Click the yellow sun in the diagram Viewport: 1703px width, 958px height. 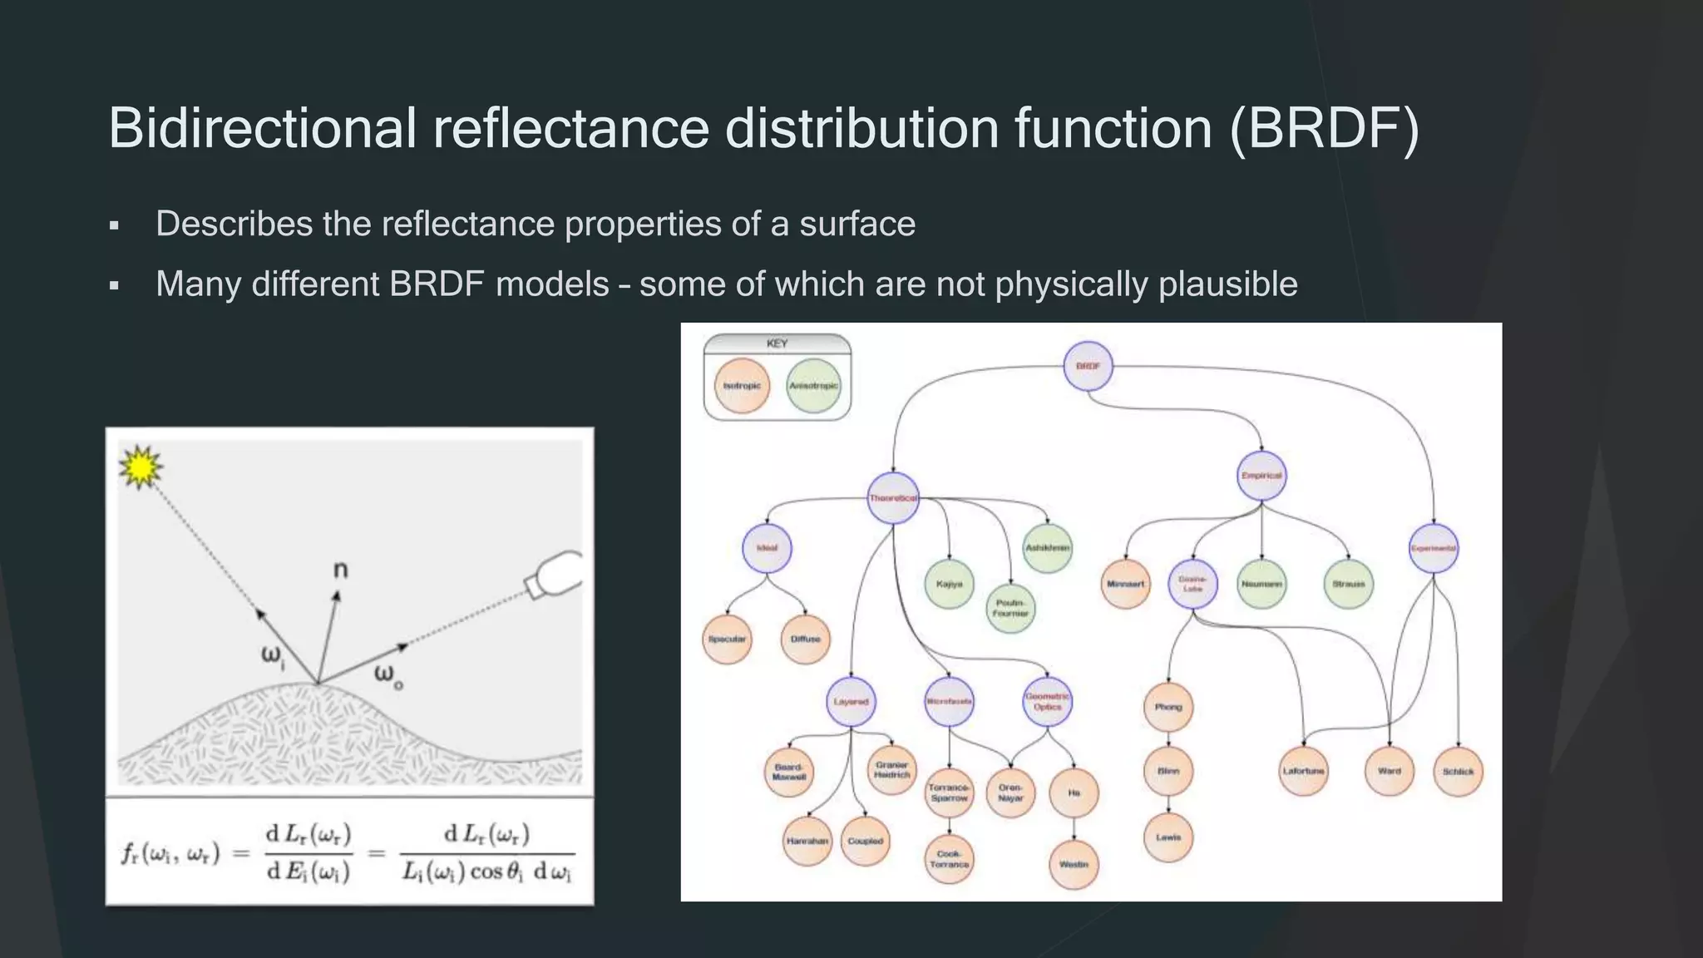click(x=141, y=467)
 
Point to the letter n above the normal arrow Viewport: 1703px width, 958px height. click(x=340, y=570)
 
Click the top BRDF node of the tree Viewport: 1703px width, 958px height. click(x=1088, y=366)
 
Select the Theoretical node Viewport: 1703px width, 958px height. click(x=893, y=498)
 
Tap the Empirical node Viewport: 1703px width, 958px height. click(x=1261, y=476)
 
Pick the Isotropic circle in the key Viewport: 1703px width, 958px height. click(x=742, y=386)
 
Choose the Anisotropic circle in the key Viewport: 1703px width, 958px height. click(x=813, y=386)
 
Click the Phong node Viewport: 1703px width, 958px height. click(x=1168, y=707)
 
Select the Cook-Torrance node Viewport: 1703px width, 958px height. click(x=949, y=859)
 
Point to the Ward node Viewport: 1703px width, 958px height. click(x=1390, y=771)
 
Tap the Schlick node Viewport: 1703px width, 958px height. click(x=1459, y=772)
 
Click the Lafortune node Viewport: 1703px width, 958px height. click(x=1303, y=771)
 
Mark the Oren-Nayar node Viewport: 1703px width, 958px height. click(x=1010, y=793)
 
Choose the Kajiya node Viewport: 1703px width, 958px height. click(x=949, y=584)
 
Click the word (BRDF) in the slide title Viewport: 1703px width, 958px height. click(x=1324, y=129)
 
